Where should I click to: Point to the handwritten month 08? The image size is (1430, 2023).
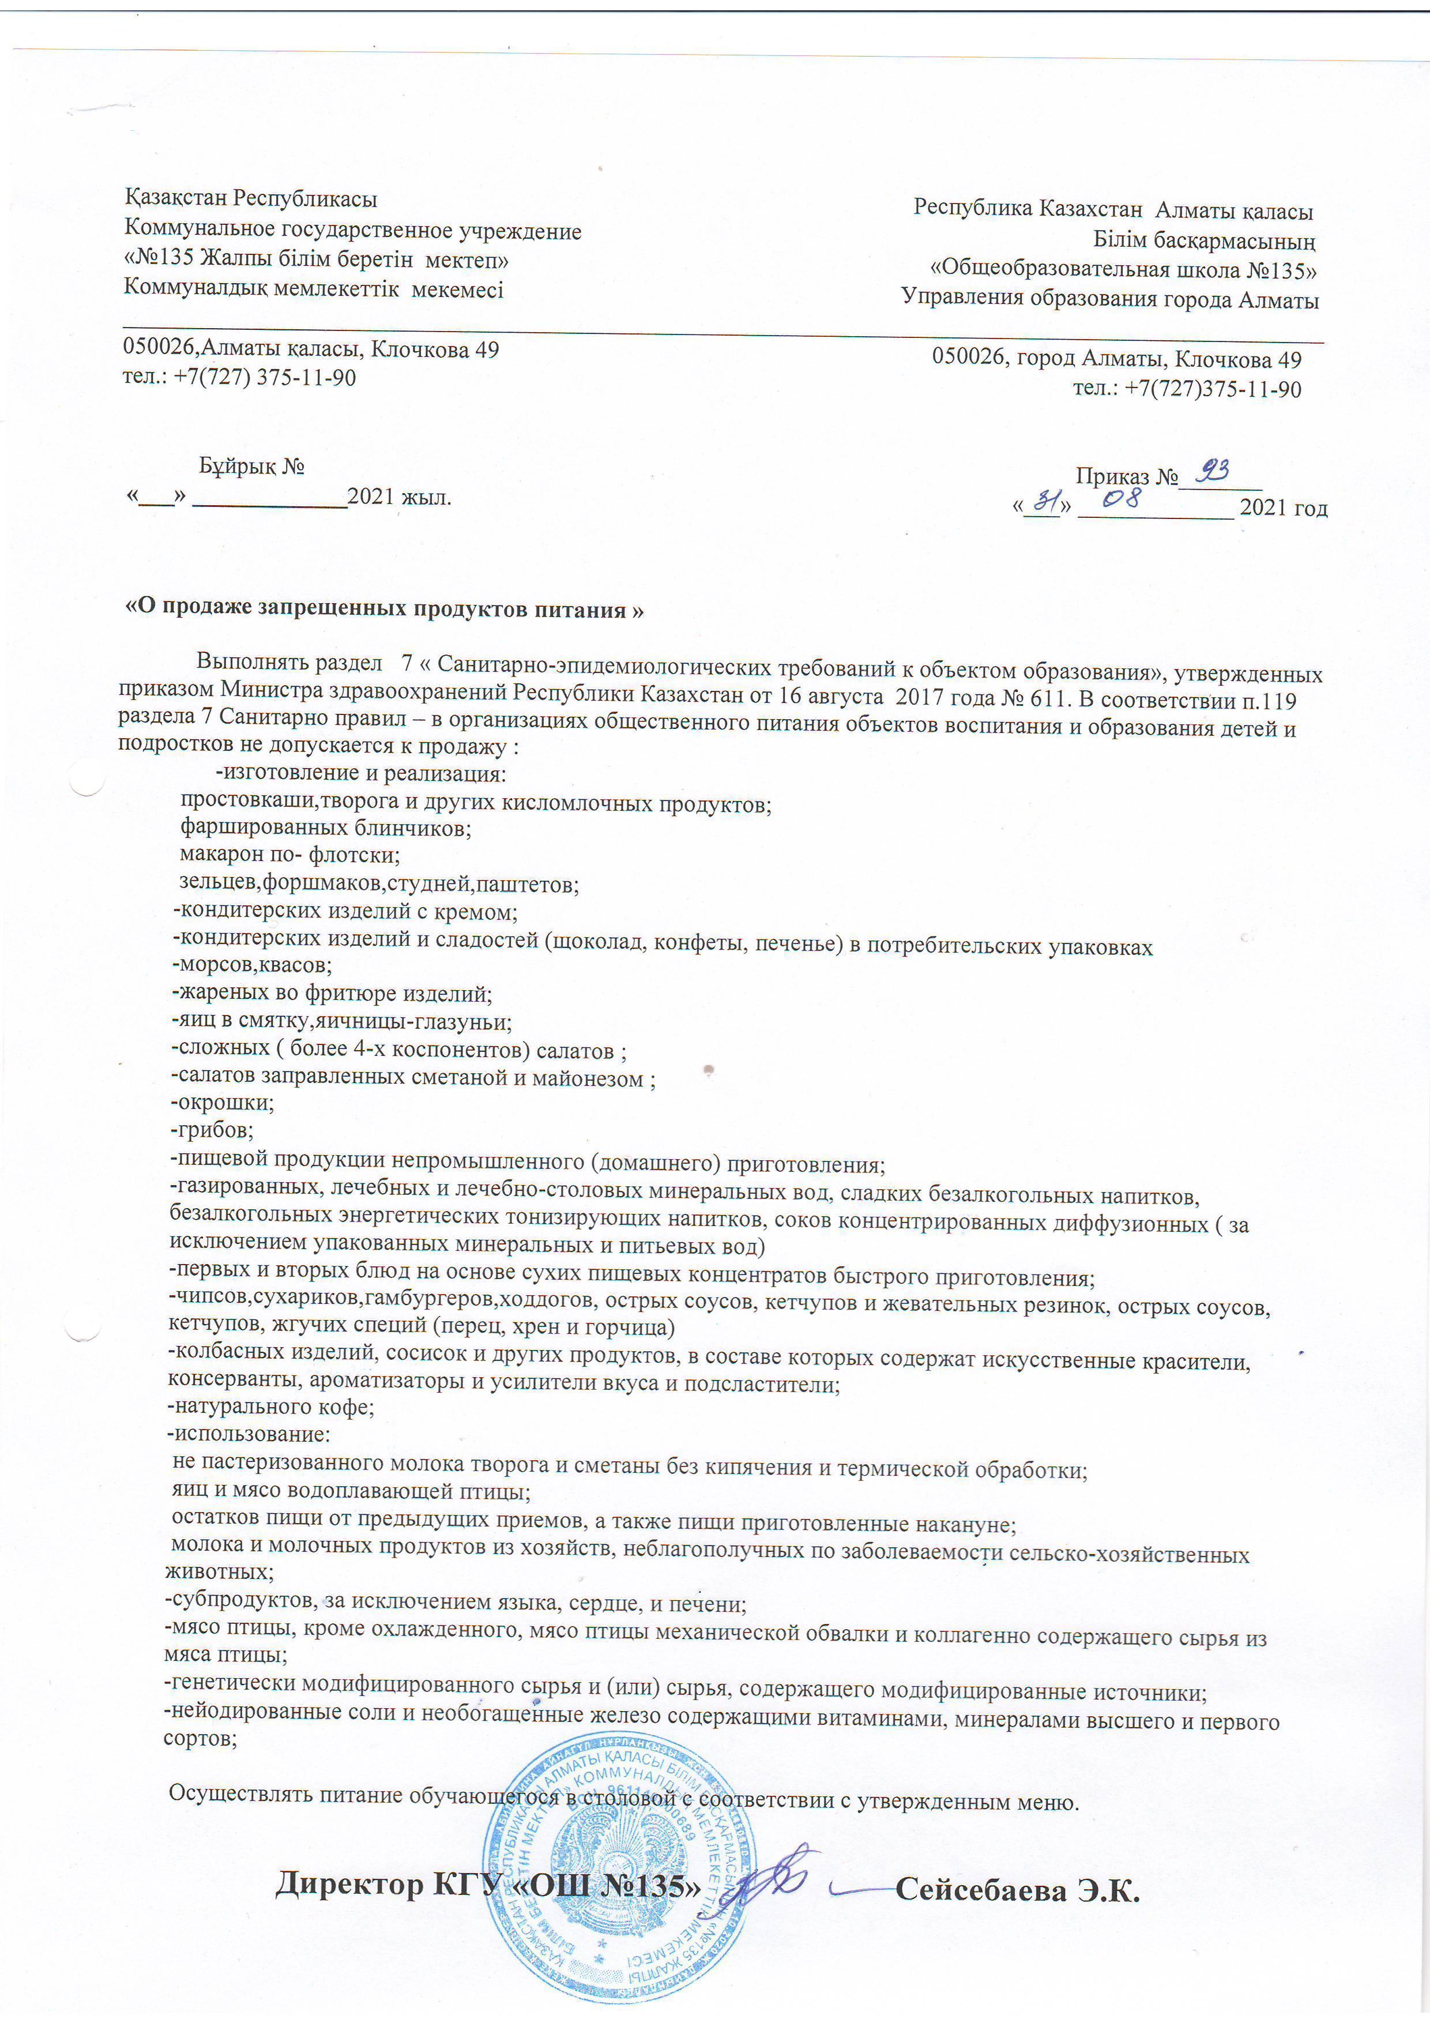(x=1122, y=499)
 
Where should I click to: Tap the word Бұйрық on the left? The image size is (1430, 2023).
(x=238, y=465)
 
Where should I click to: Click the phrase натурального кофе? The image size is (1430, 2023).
(x=273, y=1407)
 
